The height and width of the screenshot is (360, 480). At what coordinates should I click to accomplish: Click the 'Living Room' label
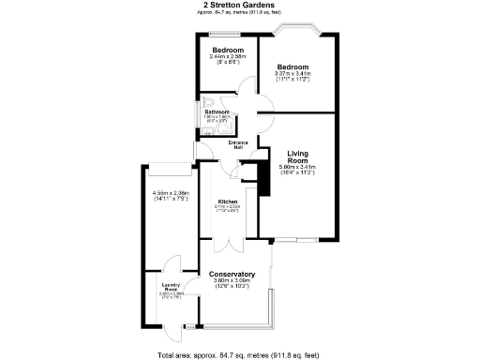pos(297,156)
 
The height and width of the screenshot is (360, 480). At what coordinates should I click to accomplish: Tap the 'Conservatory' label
pos(232,274)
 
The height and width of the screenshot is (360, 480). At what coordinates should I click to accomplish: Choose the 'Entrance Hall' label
pos(239,144)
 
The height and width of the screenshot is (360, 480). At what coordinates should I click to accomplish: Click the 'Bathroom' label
pos(218,112)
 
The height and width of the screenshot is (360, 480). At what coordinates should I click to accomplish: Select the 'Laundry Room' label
pos(171,289)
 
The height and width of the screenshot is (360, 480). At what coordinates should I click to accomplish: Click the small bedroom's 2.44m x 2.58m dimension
pos(228,56)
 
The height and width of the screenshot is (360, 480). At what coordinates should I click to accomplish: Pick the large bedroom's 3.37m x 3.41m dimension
pos(295,74)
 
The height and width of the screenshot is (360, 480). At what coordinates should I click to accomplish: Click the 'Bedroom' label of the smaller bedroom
pos(228,49)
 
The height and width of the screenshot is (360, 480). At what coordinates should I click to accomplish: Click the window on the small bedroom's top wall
pos(228,36)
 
